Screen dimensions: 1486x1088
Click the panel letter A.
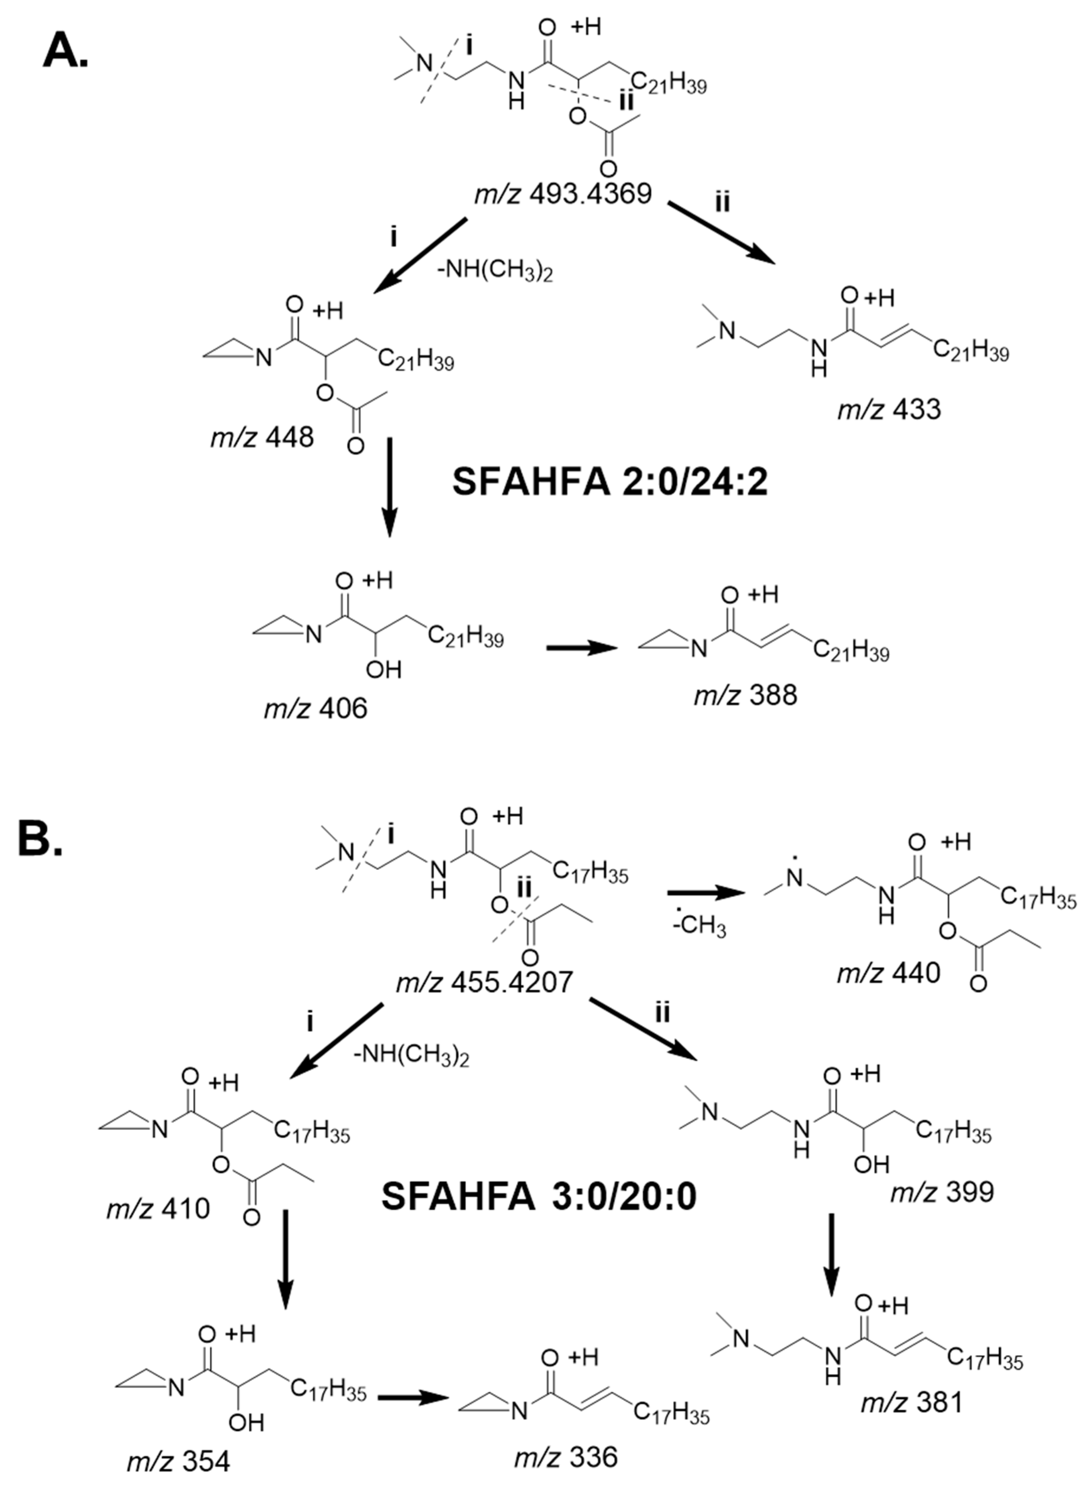[65, 51]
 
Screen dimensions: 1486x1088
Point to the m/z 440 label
[889, 972]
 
